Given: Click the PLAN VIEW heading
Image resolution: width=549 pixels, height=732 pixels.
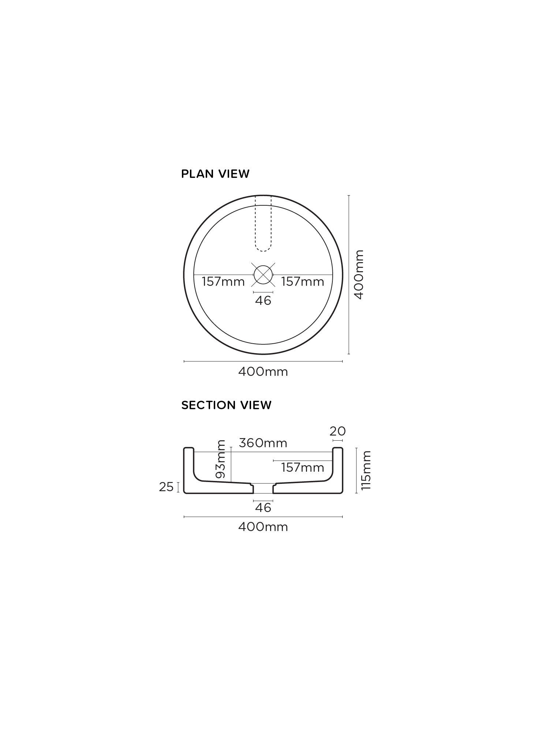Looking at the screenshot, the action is click(x=215, y=174).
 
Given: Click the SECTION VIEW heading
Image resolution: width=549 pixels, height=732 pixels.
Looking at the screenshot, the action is click(x=226, y=405).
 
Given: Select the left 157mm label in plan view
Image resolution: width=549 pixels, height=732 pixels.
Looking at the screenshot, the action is click(x=223, y=281).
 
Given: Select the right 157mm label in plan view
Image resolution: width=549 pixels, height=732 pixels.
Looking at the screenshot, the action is click(x=303, y=281).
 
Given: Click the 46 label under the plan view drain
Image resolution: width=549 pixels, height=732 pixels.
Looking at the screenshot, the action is click(x=263, y=300).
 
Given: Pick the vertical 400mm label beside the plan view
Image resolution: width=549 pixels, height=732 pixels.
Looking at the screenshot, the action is click(x=359, y=274).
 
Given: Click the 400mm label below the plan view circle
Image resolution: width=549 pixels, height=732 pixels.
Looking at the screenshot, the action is click(x=263, y=372).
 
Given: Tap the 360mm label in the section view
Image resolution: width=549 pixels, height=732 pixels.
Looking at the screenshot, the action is click(x=263, y=443).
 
